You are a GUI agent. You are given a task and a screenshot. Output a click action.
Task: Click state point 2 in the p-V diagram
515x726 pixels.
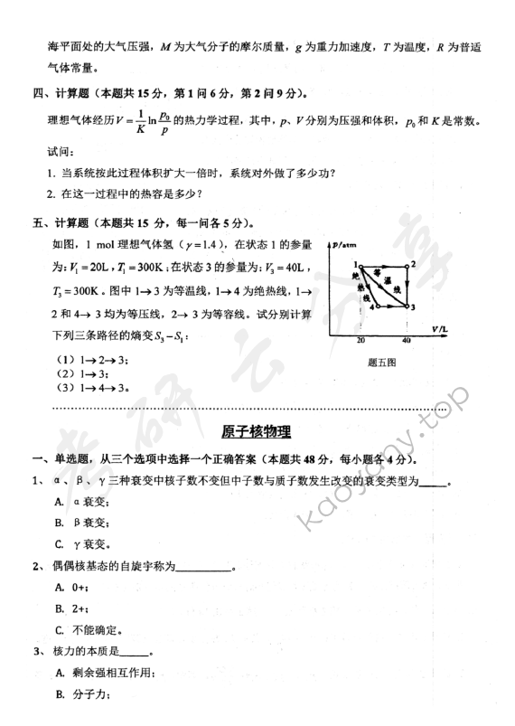[x=409, y=264]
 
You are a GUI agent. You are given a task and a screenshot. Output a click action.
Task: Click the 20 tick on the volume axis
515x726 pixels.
[x=360, y=340]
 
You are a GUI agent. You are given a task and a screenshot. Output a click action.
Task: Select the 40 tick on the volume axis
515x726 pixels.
[x=407, y=340]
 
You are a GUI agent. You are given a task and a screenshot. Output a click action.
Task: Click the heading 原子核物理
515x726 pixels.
[x=257, y=433]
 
